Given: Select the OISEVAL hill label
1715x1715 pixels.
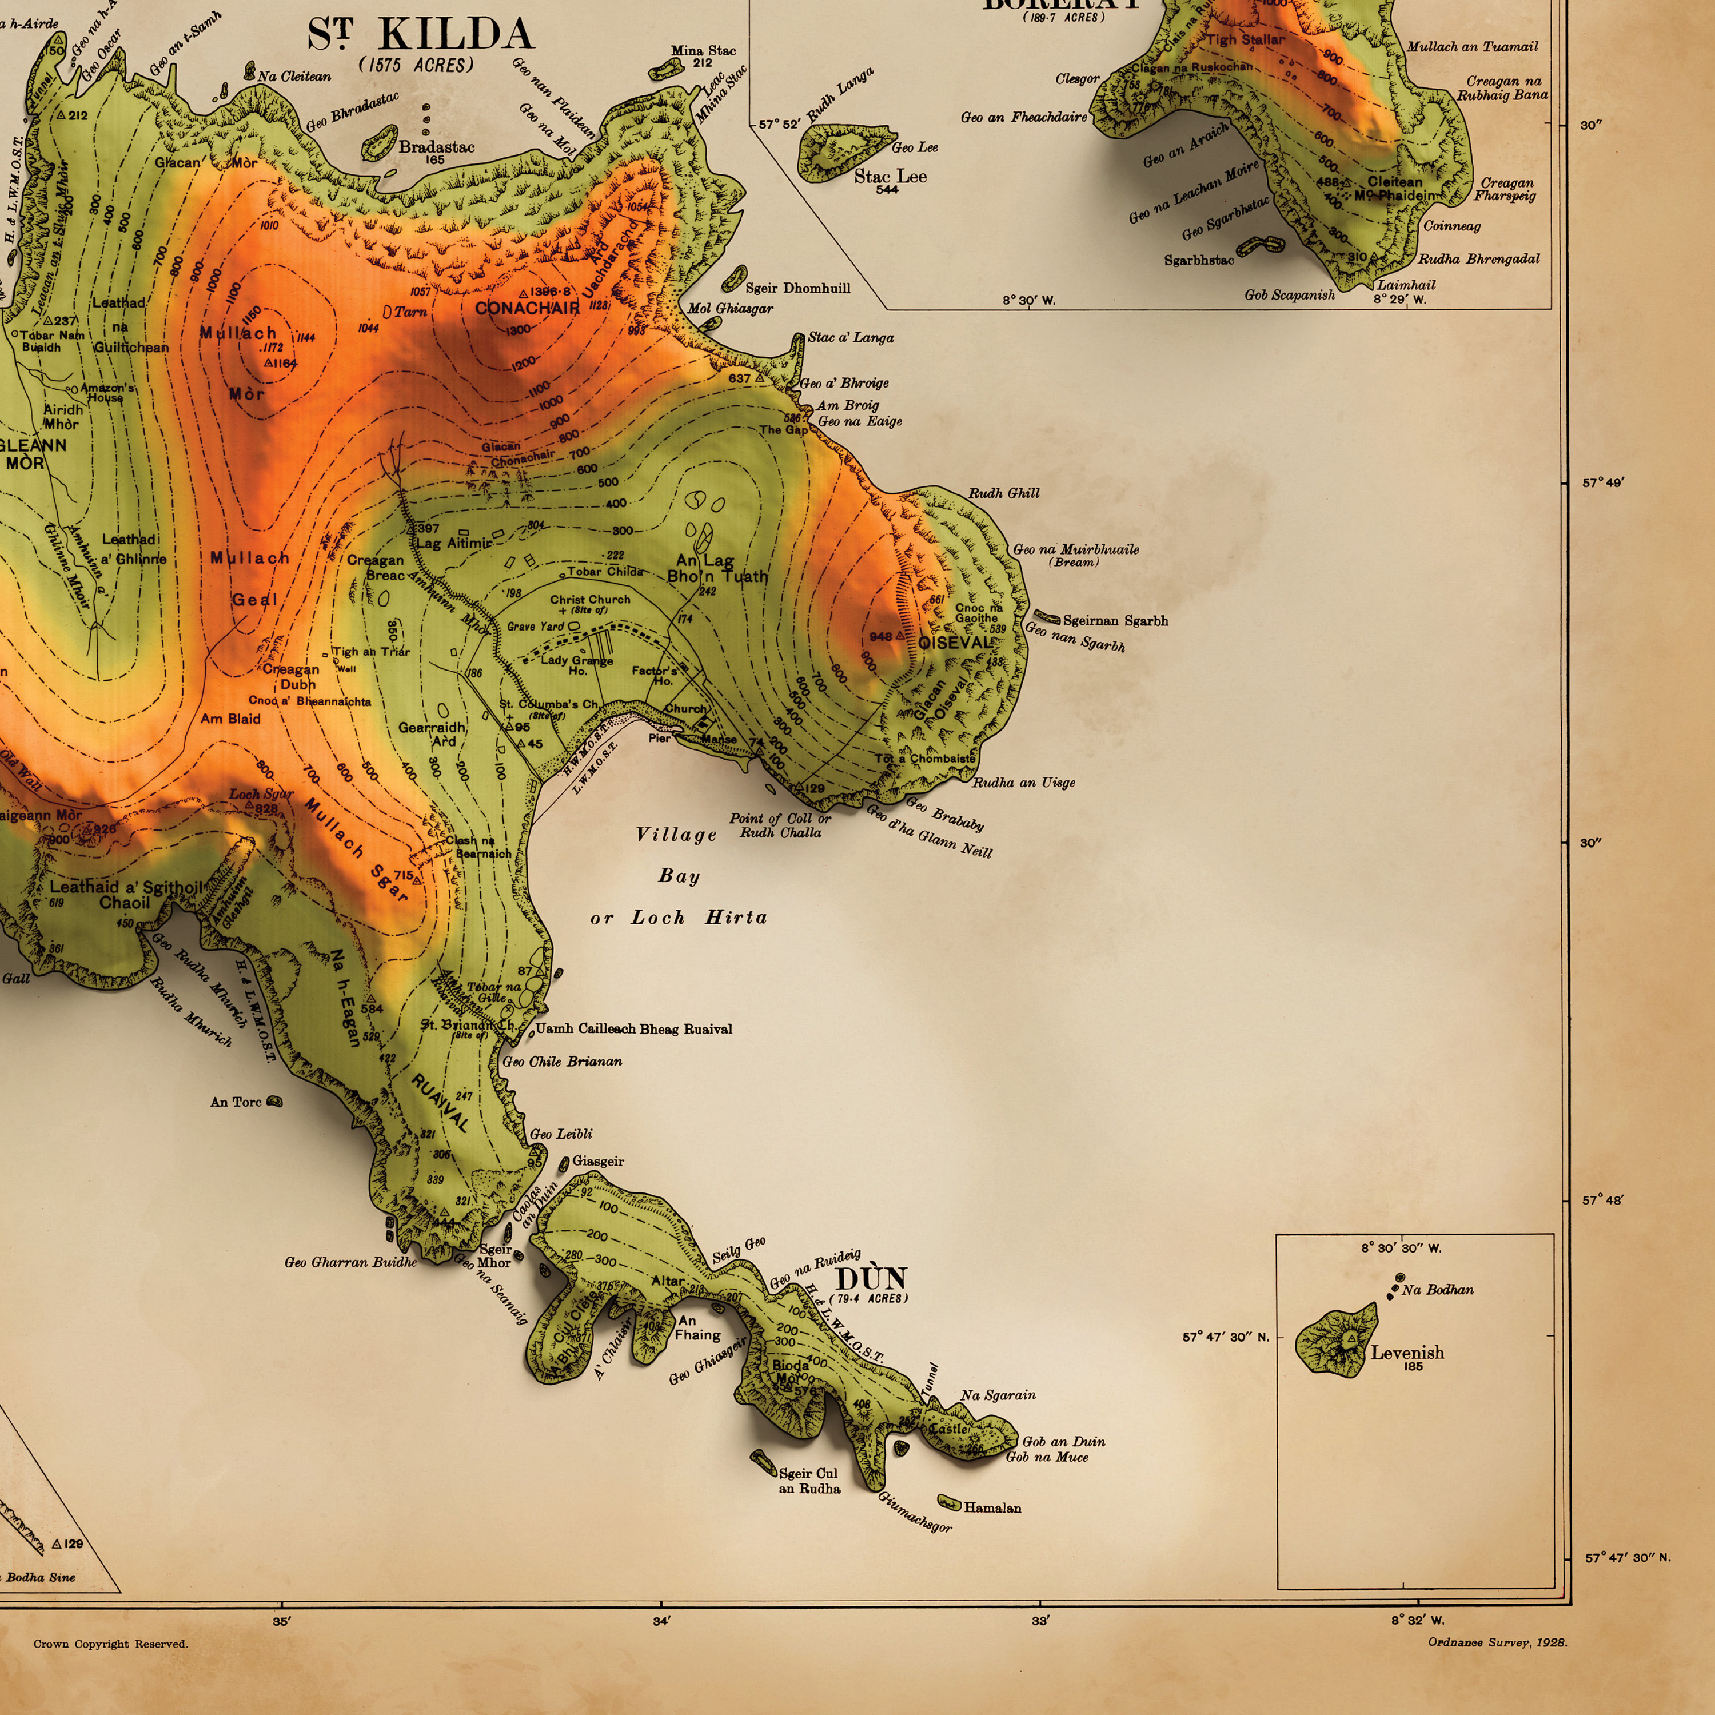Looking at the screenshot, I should point(954,642).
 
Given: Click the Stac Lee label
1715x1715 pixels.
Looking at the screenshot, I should point(890,177).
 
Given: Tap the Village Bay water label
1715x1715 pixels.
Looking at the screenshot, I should point(676,835).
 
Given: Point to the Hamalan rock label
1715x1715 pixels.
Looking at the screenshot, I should point(992,1507).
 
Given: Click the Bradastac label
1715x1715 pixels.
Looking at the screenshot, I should point(436,147).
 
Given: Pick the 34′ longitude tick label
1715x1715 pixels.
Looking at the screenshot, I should point(661,1621).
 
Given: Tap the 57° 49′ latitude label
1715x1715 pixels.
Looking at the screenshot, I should point(1602,483).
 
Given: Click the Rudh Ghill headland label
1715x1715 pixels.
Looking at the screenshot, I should point(1003,493).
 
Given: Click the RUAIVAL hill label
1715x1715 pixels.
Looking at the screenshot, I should point(440,1103).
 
